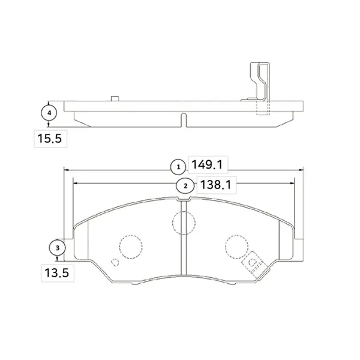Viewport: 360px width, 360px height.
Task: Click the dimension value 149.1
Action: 207,164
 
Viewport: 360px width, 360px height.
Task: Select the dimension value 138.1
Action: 215,185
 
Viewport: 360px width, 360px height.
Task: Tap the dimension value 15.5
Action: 50,139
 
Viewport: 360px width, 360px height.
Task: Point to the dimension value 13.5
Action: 57,273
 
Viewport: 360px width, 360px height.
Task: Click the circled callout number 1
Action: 178,167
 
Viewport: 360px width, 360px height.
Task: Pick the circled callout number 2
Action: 185,186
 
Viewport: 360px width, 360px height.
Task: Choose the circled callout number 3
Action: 58,248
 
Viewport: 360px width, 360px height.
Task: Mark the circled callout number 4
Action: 49,113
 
